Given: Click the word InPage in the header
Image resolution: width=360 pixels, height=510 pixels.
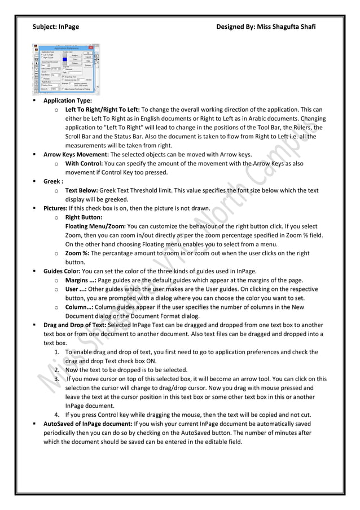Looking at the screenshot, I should (x=68, y=27).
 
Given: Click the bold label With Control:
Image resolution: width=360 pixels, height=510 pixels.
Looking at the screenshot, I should (x=84, y=163).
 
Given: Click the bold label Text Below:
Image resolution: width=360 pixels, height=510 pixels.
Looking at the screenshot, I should (x=81, y=190).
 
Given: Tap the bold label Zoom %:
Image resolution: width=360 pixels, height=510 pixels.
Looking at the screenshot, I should (x=77, y=254).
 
